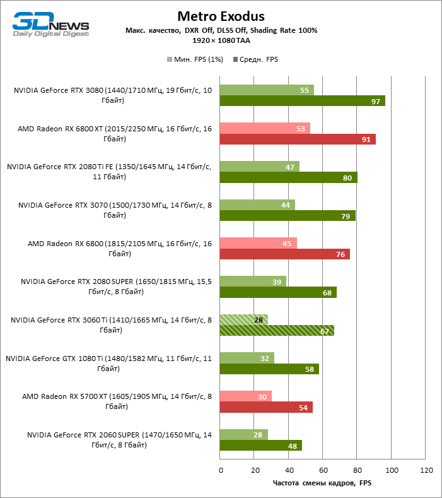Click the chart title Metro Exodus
[x=221, y=16]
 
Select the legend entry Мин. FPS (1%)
[x=195, y=59]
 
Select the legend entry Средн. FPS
[x=256, y=59]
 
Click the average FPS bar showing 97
[x=302, y=101]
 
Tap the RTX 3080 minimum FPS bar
[x=266, y=90]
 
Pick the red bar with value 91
[x=298, y=139]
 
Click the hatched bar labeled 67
[x=277, y=331]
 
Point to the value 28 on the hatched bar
[x=259, y=320]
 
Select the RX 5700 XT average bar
[x=266, y=407]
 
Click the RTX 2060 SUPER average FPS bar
[x=260, y=445]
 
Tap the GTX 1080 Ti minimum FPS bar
[x=247, y=358]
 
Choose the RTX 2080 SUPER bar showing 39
[x=253, y=282]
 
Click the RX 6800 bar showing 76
[x=284, y=254]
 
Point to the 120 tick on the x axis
[x=426, y=470]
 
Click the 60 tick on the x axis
[x=323, y=470]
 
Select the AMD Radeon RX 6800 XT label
[x=115, y=134]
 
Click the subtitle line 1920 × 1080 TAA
[x=221, y=40]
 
